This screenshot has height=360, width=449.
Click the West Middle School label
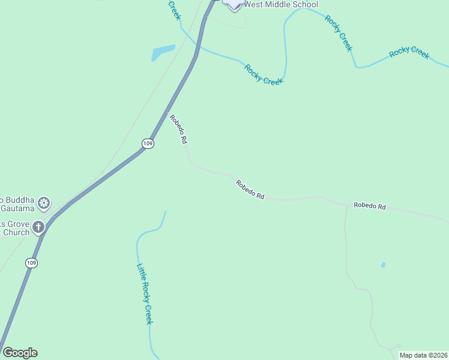tap(281, 4)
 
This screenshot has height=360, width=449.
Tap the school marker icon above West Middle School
tap(234, 4)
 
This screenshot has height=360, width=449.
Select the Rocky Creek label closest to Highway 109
tap(264, 74)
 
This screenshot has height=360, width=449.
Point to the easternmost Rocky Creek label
tap(409, 52)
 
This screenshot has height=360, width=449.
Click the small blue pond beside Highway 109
tap(162, 53)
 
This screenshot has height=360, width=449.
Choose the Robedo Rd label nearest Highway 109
tap(178, 129)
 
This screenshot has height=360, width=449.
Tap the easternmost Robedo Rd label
tap(369, 206)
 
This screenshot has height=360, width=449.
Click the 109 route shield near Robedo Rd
tap(148, 143)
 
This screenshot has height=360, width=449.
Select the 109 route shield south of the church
tap(32, 263)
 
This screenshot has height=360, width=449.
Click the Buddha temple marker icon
tap(44, 203)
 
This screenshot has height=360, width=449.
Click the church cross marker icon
tap(38, 227)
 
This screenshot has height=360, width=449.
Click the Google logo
tap(20, 353)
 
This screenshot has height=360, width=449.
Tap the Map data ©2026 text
tap(423, 355)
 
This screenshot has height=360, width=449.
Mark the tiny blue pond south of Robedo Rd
tap(383, 265)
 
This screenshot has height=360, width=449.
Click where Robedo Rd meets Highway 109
tap(166, 113)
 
